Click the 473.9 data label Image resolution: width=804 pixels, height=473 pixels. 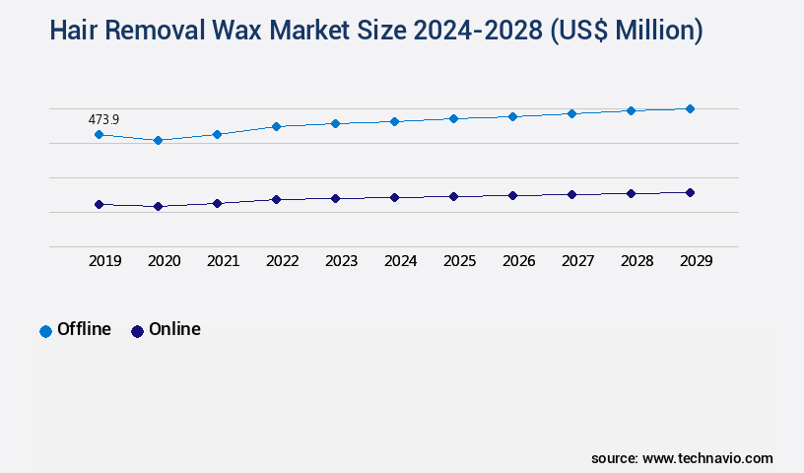point(103,119)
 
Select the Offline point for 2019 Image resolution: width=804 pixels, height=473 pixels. point(99,134)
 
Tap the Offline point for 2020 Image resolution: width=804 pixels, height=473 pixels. point(158,140)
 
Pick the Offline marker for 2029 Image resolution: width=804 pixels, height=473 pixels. point(690,108)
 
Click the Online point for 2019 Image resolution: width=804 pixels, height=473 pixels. point(99,204)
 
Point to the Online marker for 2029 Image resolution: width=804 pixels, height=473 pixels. point(690,192)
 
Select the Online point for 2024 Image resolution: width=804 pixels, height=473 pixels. point(394,197)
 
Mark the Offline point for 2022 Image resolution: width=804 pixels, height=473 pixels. point(276,126)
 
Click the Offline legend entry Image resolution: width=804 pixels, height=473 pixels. point(76,330)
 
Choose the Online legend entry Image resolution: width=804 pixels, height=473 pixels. point(166,330)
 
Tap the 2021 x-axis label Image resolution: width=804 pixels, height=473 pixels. point(223,261)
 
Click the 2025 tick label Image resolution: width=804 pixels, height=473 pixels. point(459,261)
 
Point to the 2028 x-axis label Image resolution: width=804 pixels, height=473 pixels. point(636,261)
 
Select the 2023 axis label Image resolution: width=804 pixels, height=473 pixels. point(341,261)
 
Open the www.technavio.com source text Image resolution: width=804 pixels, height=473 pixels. point(707,458)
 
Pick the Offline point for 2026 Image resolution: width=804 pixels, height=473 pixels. point(512,116)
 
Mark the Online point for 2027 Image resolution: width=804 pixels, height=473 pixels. point(571,194)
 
